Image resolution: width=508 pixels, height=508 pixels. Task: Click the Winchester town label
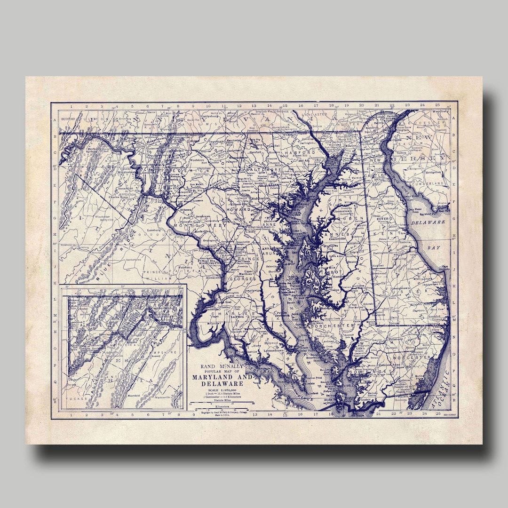point(105,217)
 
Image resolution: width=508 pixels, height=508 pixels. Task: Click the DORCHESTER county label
point(335,325)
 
